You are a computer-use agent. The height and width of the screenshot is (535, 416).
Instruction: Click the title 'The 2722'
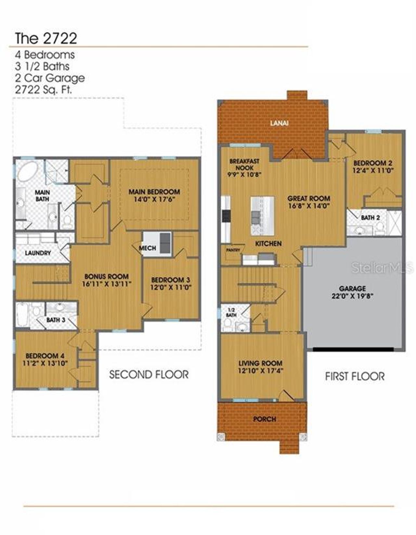coord(46,38)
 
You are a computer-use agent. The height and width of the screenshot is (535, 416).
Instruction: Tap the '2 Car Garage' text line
coord(50,78)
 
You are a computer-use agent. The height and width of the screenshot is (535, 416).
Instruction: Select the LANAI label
coord(279,123)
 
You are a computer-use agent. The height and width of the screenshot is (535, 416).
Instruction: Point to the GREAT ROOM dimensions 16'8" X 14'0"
coord(309,206)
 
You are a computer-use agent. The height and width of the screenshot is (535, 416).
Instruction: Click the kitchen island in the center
coord(262,216)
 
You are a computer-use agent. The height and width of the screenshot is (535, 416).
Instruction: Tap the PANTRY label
coord(233,250)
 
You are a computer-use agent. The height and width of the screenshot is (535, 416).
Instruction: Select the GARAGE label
coord(352,288)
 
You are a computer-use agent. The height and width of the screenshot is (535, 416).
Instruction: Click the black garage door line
coord(353,349)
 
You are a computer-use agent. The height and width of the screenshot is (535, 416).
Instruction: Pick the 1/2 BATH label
coord(231,312)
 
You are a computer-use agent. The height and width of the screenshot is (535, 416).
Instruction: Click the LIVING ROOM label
coord(260,363)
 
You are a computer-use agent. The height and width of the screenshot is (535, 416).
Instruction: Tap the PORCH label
coord(265,419)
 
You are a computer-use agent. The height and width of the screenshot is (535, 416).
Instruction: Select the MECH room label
coord(147,248)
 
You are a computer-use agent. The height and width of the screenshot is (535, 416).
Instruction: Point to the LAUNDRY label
coord(38,253)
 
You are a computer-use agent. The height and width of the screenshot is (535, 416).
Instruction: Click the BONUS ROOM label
coord(106,276)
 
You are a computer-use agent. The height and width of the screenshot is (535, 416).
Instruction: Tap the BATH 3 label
coord(56,320)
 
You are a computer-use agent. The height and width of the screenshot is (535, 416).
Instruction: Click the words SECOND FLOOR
coord(149,375)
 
